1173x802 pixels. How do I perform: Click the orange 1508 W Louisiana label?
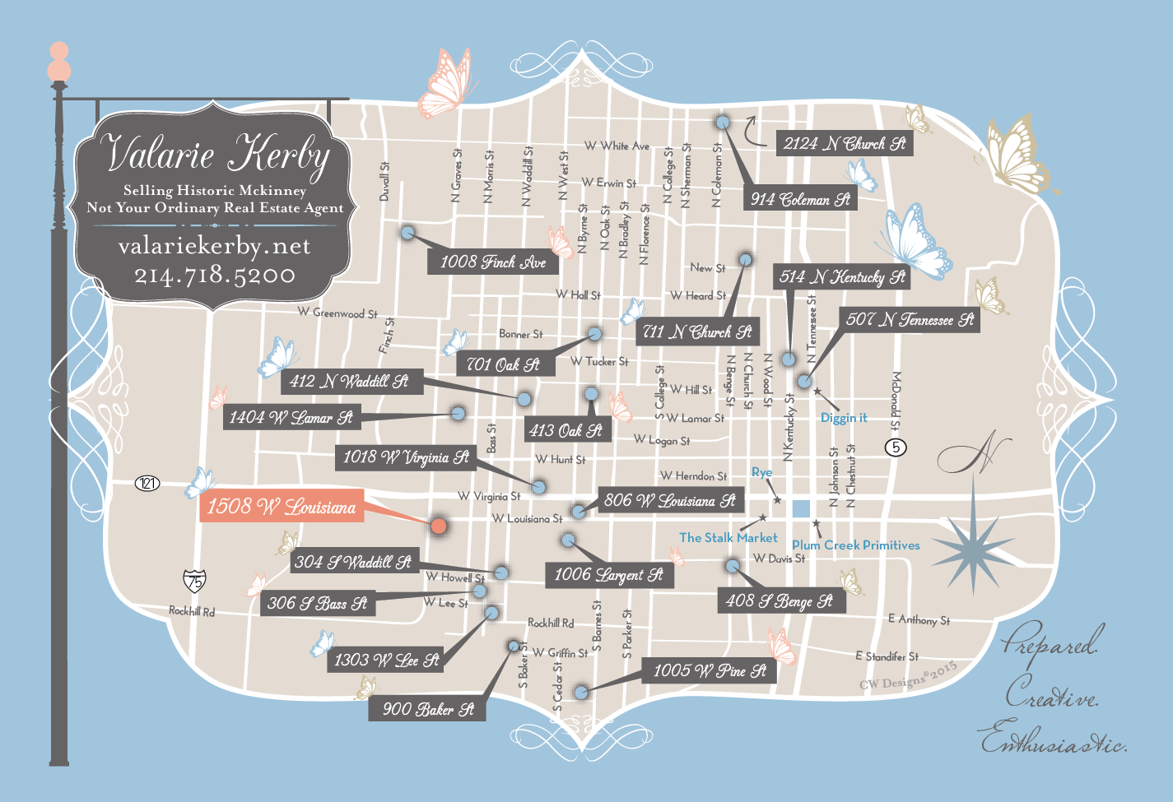pyautogui.click(x=282, y=507)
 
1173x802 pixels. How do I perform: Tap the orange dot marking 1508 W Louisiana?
pyautogui.click(x=439, y=526)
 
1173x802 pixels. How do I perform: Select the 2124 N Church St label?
pyautogui.click(x=844, y=143)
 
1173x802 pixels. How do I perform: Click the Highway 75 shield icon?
pyautogui.click(x=194, y=581)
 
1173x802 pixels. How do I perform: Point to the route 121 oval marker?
pyautogui.click(x=147, y=483)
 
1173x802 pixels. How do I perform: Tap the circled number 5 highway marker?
pyautogui.click(x=896, y=447)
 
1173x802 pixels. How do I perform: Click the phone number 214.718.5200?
pyautogui.click(x=215, y=275)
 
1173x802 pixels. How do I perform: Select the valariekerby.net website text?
pyautogui.click(x=215, y=246)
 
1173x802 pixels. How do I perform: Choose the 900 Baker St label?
pyautogui.click(x=428, y=709)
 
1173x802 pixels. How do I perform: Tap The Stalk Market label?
pyautogui.click(x=728, y=538)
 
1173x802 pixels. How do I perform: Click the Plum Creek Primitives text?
pyautogui.click(x=855, y=545)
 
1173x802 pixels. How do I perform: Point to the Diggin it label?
pyautogui.click(x=844, y=418)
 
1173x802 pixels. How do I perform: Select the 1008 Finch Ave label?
pyautogui.click(x=492, y=262)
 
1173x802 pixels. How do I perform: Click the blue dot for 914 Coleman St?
pyautogui.click(x=723, y=122)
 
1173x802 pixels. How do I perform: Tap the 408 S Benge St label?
pyautogui.click(x=779, y=601)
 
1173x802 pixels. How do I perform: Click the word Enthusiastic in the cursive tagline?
pyautogui.click(x=1054, y=740)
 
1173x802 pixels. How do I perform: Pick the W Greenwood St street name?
pyautogui.click(x=337, y=313)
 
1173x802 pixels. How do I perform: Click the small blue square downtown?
pyautogui.click(x=801, y=508)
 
